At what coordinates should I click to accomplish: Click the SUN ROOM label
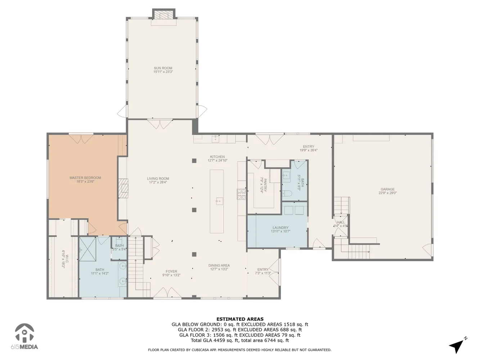[x=163, y=68]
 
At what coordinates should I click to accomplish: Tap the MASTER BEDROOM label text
[x=85, y=178]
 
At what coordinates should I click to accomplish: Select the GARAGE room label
[x=387, y=189]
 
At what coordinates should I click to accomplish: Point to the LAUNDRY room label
[x=280, y=228]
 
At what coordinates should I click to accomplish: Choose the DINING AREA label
[x=219, y=266]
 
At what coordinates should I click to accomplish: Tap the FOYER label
[x=171, y=272]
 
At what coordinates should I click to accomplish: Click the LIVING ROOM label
[x=158, y=179]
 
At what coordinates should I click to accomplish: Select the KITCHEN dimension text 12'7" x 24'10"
[x=217, y=161]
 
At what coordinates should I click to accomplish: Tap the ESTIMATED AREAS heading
[x=240, y=319]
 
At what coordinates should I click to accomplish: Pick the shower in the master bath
[x=88, y=249]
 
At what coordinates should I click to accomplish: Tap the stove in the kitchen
[x=241, y=194]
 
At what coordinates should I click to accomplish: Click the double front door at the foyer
[x=162, y=293]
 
